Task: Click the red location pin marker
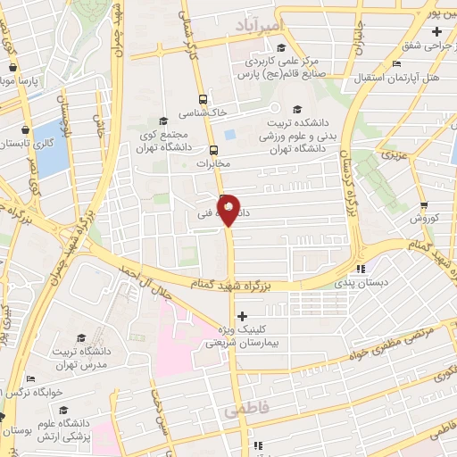(x=228, y=210)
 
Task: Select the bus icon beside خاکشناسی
(x=204, y=99)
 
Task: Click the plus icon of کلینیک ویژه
(x=242, y=315)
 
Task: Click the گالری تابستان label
(x=26, y=143)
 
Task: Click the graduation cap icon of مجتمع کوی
(x=162, y=121)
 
